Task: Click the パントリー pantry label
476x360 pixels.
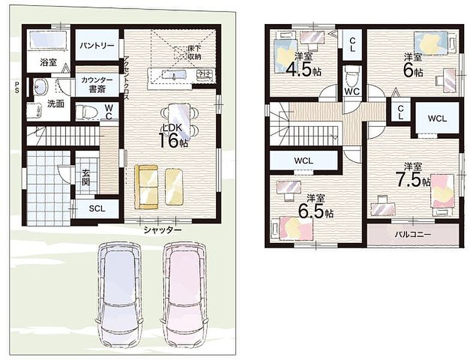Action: click(97, 46)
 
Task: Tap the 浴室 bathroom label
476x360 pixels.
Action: click(49, 62)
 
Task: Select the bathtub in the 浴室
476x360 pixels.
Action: click(48, 40)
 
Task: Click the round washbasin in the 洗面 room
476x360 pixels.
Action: click(40, 87)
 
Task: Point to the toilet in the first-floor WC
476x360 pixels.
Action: click(86, 112)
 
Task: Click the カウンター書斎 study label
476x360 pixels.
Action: click(97, 85)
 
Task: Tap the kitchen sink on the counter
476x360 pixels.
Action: click(174, 74)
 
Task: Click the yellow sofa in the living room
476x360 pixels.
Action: click(146, 187)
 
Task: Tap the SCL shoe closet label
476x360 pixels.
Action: click(97, 209)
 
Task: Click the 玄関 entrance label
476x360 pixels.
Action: click(86, 177)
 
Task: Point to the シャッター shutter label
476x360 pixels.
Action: click(163, 230)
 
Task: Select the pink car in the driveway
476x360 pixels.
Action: click(184, 295)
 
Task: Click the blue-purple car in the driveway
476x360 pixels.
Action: click(118, 295)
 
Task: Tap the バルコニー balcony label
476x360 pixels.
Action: click(413, 235)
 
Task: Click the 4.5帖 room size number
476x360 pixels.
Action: click(304, 70)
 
